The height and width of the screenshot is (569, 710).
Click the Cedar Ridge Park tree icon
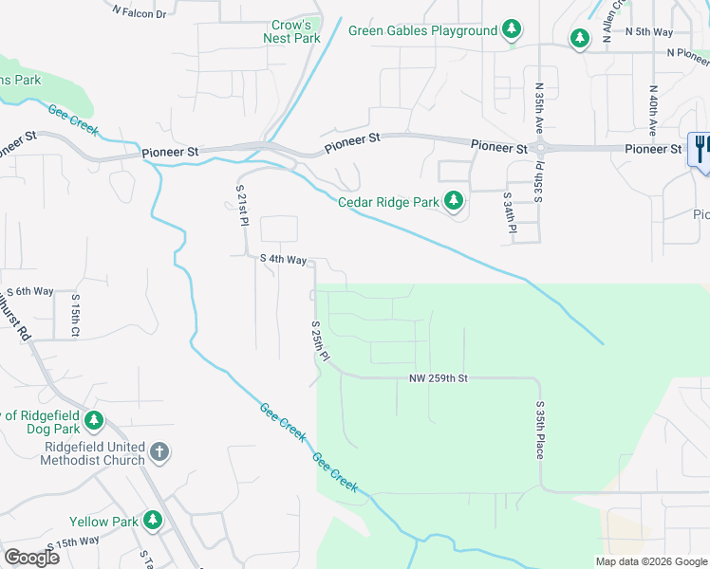tap(454, 201)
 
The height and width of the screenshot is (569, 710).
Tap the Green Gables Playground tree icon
tap(512, 30)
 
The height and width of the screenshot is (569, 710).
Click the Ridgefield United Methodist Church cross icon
tap(159, 452)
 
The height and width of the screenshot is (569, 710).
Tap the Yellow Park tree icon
tap(152, 521)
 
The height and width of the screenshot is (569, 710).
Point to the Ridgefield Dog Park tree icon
tap(93, 419)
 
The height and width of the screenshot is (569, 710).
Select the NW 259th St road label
tap(439, 378)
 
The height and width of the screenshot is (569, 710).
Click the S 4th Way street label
tap(283, 259)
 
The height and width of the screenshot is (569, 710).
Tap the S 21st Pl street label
tap(241, 205)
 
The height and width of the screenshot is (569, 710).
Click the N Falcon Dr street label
tap(138, 13)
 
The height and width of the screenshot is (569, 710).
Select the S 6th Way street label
tap(30, 292)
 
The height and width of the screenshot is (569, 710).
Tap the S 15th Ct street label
tap(75, 314)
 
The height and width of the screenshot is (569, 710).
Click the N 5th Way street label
tap(649, 31)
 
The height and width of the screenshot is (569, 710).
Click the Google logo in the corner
tap(31, 557)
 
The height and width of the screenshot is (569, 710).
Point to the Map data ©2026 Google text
tap(650, 561)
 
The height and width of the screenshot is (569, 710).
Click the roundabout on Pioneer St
tap(541, 148)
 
